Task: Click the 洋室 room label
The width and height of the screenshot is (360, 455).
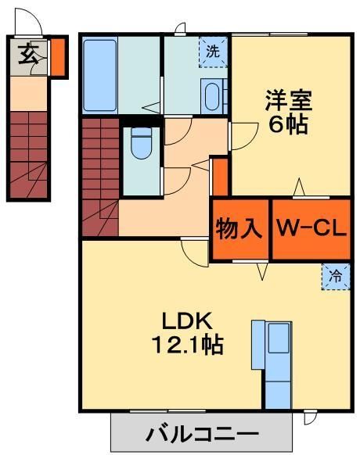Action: click(288, 100)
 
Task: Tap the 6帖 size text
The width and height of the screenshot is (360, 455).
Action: click(288, 125)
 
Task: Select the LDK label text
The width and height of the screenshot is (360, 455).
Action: click(185, 320)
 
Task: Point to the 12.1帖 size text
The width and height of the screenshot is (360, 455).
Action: click(185, 345)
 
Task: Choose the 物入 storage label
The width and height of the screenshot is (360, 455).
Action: click(239, 229)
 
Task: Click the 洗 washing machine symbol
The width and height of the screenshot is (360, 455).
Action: click(213, 52)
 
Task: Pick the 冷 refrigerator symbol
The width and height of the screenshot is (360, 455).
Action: click(335, 276)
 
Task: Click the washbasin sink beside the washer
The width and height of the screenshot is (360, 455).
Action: click(211, 96)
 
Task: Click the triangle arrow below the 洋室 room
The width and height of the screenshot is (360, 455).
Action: click(299, 188)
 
